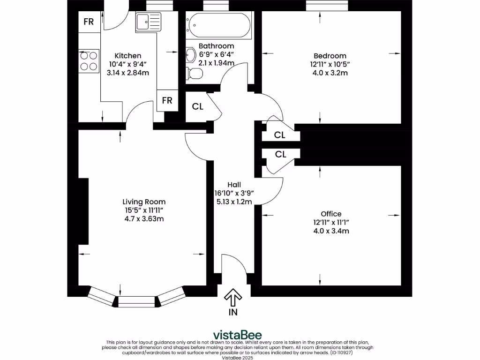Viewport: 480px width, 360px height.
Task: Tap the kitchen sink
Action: [x=148, y=22]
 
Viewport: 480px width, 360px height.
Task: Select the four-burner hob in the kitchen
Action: [x=89, y=61]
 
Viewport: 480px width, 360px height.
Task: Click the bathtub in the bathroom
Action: [x=218, y=25]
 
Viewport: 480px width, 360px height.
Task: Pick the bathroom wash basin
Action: [x=190, y=55]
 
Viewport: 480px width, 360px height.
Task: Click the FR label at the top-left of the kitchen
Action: [x=89, y=22]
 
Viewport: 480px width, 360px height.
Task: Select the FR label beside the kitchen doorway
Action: [x=167, y=100]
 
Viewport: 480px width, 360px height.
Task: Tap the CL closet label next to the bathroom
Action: [x=198, y=106]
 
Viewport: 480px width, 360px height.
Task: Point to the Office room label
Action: [x=331, y=214]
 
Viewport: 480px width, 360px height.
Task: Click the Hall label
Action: [x=234, y=185]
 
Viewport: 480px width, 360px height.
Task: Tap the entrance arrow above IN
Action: [x=233, y=297]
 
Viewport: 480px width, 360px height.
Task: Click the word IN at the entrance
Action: [x=233, y=312]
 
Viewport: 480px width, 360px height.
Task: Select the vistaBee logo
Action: [x=238, y=335]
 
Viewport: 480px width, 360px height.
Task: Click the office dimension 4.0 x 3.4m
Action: [x=331, y=231]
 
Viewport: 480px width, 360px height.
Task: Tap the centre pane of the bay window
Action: [x=136, y=301]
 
